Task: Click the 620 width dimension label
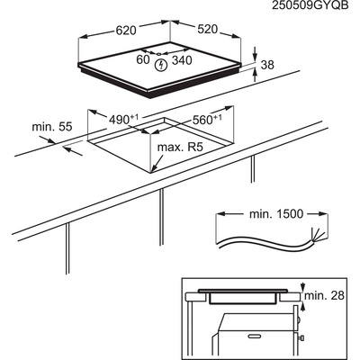[x=126, y=30]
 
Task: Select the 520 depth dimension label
[x=207, y=29]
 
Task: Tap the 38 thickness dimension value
[x=267, y=65]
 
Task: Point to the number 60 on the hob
[x=143, y=59]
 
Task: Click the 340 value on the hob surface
[x=182, y=60]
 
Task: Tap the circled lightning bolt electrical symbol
[x=161, y=66]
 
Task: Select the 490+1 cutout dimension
[x=123, y=120]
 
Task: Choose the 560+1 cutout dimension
[x=207, y=120]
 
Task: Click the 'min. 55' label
[x=52, y=127]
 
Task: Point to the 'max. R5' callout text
[x=181, y=148]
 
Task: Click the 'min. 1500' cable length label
[x=276, y=214]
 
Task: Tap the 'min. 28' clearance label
[x=325, y=295]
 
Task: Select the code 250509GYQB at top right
[x=310, y=5]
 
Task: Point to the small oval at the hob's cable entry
[x=158, y=54]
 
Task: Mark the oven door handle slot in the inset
[x=256, y=335]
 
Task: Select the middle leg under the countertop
[x=161, y=217]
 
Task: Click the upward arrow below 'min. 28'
[x=302, y=307]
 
